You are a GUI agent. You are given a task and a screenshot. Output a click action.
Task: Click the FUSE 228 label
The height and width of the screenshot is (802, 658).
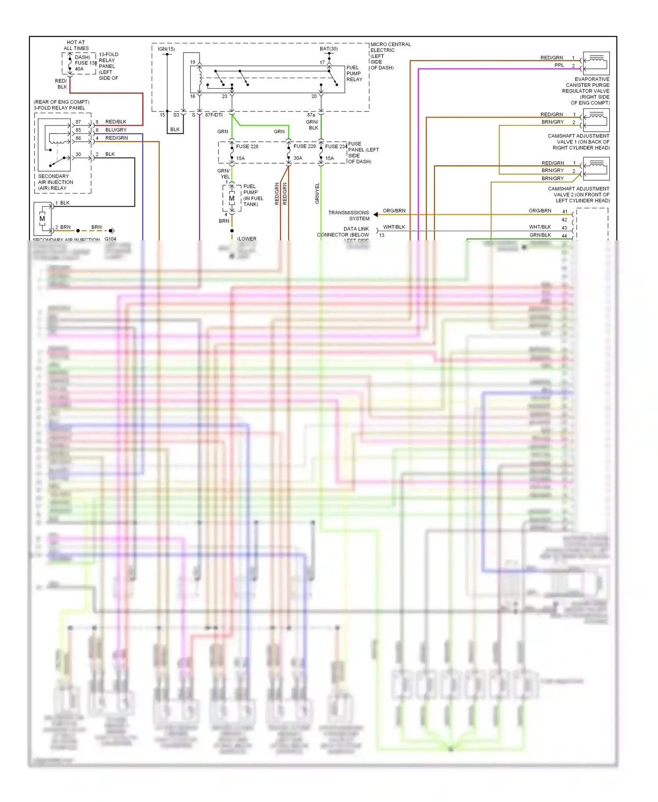coord(247,147)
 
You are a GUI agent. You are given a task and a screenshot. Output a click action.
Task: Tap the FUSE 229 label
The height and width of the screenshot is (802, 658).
coord(304,146)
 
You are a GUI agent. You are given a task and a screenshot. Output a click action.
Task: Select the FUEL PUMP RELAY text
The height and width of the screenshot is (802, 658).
coord(354,74)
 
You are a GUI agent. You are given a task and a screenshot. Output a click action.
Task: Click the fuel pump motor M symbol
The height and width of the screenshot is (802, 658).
coord(232,199)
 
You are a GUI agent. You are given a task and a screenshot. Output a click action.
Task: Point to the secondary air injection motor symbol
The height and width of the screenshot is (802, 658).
coord(43,218)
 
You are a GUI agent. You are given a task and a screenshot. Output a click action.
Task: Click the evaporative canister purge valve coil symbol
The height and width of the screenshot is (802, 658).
coord(596,63)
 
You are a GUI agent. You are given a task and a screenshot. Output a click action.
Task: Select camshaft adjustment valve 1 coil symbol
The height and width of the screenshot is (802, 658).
coord(596,120)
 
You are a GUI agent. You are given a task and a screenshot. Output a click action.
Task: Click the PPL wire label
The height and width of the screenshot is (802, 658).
coord(559,65)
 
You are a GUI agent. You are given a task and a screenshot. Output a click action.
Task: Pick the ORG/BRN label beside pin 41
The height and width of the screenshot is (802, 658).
coord(540,211)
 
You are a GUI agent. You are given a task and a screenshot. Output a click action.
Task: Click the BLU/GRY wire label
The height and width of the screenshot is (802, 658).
coord(116,130)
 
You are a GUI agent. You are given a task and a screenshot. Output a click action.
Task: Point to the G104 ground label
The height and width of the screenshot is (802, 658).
coord(111,239)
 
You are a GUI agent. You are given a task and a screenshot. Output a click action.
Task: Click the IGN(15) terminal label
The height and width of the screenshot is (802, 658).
coord(166,49)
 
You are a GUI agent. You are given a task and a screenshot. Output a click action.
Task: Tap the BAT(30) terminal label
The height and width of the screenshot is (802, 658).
coord(329,49)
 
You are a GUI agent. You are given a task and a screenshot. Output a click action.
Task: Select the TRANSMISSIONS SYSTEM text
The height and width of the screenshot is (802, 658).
coord(349,215)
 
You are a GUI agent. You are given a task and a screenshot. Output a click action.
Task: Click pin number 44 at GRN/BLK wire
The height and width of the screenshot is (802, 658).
coord(564,236)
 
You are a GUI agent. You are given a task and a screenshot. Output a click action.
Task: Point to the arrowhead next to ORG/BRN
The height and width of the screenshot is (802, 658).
coord(376,215)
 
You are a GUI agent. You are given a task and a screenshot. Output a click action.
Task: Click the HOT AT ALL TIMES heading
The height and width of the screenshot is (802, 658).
coord(76,46)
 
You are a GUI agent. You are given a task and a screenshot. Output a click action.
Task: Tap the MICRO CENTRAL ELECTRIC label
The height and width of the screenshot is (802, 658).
coord(390,47)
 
